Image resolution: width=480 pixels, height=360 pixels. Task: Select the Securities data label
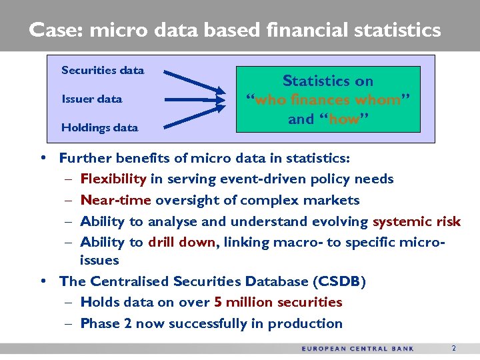(103, 70)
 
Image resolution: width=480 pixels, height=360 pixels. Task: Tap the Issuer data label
(92, 99)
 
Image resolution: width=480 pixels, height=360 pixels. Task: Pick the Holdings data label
(99, 127)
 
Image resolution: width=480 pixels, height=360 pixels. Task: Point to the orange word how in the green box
(344, 120)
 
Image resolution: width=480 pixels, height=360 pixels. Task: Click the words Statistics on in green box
(327, 81)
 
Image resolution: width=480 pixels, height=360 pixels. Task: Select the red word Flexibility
(113, 179)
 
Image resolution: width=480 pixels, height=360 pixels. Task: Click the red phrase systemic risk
(416, 221)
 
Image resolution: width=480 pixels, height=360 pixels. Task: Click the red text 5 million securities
(278, 302)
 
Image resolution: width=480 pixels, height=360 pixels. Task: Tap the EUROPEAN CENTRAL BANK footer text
(357, 348)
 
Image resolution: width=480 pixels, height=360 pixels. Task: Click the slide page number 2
(453, 348)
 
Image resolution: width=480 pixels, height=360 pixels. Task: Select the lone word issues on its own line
(99, 260)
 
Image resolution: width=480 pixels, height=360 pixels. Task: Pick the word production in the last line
(309, 323)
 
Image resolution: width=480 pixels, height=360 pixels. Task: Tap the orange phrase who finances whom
(328, 101)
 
